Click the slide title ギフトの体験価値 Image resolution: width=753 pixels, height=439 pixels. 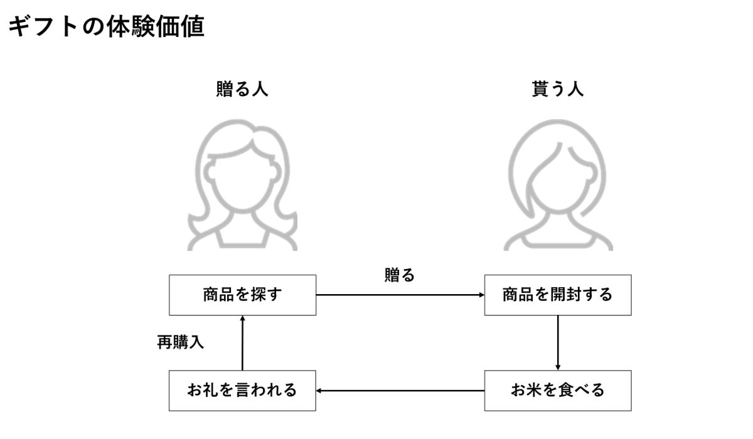click(x=105, y=28)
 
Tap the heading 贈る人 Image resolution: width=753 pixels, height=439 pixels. click(x=242, y=89)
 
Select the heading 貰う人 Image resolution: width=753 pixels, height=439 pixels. click(x=557, y=89)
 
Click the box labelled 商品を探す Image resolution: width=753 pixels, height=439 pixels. click(x=242, y=294)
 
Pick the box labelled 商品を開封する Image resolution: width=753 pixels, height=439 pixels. click(x=557, y=294)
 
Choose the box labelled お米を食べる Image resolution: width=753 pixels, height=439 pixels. click(x=557, y=390)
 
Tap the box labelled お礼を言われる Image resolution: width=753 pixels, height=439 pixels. click(x=242, y=390)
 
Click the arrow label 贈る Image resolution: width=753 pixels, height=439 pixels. click(x=400, y=275)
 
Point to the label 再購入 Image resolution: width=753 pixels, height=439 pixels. click(x=180, y=342)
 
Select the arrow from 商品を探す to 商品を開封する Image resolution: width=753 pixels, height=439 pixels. click(x=400, y=295)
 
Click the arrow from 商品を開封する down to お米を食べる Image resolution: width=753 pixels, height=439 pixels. click(x=558, y=342)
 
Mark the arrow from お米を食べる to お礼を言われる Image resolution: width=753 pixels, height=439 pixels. click(x=400, y=391)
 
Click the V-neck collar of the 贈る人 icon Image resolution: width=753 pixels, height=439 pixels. click(x=242, y=233)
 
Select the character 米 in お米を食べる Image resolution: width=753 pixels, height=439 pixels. click(x=535, y=390)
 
